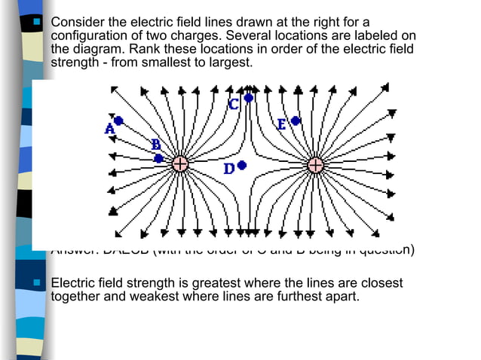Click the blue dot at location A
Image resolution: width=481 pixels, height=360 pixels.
pos(118,121)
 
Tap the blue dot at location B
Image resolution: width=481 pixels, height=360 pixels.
pos(158,158)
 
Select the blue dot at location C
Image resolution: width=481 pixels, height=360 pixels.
pos(248,98)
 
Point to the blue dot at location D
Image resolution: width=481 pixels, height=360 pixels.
pos(241,165)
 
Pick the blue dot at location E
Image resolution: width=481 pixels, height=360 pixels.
pos(296,121)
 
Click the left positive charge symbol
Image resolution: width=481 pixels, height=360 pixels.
pos(180,164)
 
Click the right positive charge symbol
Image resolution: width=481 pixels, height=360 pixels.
pos(315,164)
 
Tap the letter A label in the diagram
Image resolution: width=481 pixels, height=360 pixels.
pos(109,130)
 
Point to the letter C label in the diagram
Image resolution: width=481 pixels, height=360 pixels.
pos(234,105)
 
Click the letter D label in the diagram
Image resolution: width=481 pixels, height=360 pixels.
pos(228,169)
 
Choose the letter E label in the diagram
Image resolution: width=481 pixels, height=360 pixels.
pos(281,124)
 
